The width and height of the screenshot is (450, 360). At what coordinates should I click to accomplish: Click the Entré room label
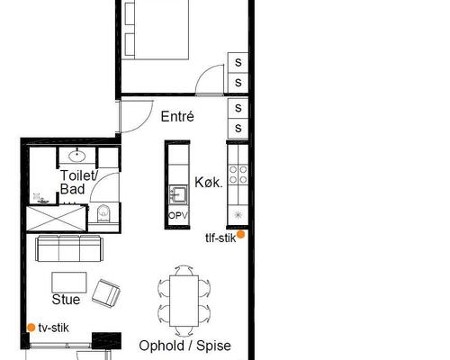point(177,116)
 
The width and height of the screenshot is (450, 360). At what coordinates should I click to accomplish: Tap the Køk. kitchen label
point(209,182)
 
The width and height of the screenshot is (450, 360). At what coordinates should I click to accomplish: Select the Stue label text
point(66,300)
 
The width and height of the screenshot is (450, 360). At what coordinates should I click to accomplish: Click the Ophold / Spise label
point(184,346)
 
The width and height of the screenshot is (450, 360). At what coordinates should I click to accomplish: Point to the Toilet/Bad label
point(78,183)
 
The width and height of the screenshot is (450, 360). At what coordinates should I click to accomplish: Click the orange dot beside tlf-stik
point(240,235)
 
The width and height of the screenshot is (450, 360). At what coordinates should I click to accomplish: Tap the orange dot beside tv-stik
point(31,328)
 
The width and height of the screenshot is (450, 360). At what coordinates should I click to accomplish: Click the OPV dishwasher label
point(178,215)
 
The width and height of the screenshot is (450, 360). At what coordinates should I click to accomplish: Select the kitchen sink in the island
point(178,194)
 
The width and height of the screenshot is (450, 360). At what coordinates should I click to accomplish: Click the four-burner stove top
point(238,175)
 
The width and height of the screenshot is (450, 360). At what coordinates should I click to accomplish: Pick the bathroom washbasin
point(77,156)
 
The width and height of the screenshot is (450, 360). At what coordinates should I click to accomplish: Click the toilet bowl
point(103,213)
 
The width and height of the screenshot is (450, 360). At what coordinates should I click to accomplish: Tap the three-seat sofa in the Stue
point(69,248)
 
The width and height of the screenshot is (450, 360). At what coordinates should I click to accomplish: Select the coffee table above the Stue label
point(69,283)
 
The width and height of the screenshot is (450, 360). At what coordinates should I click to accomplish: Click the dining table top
point(184,301)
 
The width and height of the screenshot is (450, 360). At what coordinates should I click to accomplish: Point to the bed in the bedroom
point(155,30)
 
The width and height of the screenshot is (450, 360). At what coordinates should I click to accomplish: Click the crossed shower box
point(57,218)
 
